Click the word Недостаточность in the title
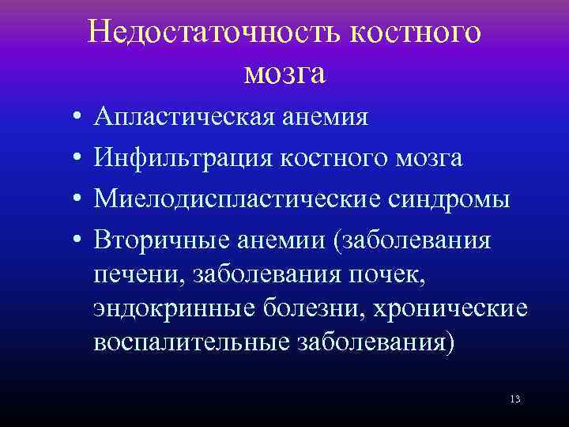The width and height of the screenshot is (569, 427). [213, 32]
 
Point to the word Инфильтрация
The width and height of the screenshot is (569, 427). [174, 158]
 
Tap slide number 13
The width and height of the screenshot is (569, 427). [514, 400]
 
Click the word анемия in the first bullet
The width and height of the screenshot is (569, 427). [322, 118]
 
